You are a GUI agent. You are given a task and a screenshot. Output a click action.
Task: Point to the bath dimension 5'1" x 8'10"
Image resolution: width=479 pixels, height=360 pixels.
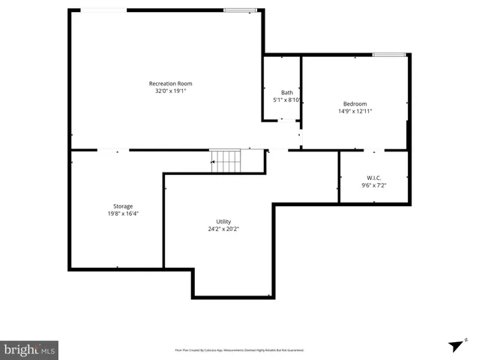287,99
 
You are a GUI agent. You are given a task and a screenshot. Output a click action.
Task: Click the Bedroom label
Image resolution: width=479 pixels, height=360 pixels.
355,103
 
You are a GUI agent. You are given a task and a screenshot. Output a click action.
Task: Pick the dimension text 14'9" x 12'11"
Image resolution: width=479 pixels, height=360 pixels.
355,111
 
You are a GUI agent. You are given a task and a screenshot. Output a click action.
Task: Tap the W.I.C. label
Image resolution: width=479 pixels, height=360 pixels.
373,177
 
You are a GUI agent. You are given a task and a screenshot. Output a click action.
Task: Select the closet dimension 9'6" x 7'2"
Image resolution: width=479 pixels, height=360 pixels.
373,184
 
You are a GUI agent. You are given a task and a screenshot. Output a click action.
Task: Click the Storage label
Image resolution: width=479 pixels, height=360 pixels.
123,205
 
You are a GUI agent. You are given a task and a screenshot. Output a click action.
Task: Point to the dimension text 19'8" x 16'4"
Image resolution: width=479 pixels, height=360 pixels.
123,213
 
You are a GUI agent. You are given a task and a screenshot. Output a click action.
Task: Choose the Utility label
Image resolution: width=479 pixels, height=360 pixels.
223,221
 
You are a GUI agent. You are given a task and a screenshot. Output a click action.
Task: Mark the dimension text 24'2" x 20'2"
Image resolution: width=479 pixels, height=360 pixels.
223,229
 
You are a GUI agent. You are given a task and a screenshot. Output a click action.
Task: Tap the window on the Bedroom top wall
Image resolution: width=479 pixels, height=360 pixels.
389,54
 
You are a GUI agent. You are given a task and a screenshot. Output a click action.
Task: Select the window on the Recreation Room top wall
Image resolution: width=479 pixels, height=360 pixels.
240,10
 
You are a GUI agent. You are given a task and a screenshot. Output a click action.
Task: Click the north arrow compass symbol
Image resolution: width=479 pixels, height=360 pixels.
455,345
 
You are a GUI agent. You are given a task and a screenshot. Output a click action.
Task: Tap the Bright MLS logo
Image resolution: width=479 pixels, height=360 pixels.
30,349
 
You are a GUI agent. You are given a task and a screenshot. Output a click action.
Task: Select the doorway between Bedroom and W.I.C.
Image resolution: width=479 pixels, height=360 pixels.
373,150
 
